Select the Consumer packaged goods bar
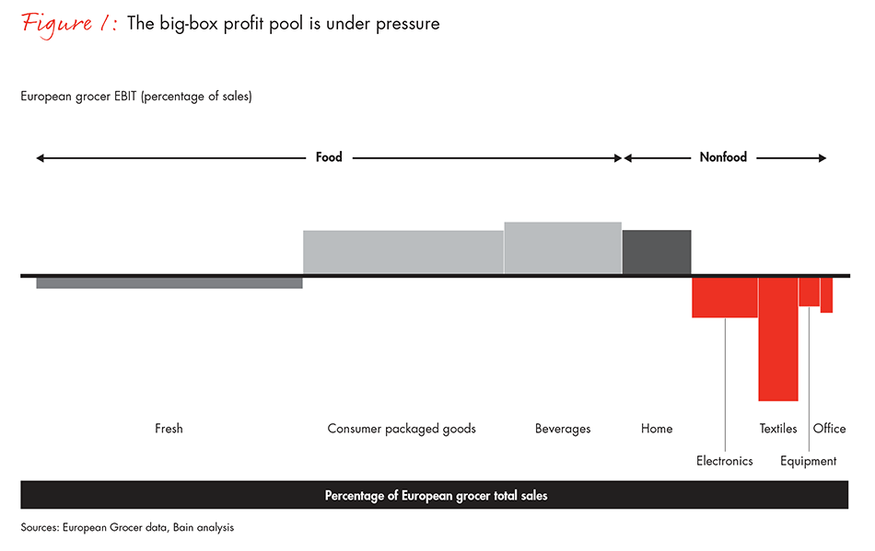click(x=403, y=252)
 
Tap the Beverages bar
click(x=563, y=247)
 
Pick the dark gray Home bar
click(x=657, y=252)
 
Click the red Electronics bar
click(x=725, y=297)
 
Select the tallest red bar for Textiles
click(x=778, y=339)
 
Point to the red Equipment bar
click(x=809, y=292)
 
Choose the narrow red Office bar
click(x=826, y=295)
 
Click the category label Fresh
click(x=169, y=429)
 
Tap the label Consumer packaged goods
click(x=402, y=429)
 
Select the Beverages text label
click(x=563, y=429)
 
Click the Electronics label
click(x=725, y=461)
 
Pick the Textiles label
click(x=778, y=429)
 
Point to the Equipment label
click(x=809, y=461)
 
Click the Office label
click(x=829, y=429)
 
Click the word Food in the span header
click(x=329, y=157)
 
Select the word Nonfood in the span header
click(x=723, y=157)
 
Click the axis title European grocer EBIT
click(x=136, y=97)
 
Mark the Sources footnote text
click(x=127, y=528)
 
